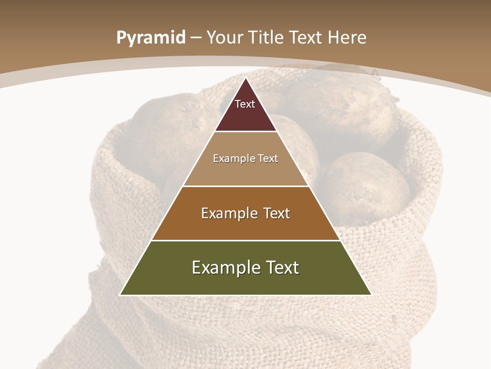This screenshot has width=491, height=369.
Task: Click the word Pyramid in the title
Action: (150, 38)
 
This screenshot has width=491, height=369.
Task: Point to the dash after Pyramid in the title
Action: (195, 38)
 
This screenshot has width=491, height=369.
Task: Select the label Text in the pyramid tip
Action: (244, 104)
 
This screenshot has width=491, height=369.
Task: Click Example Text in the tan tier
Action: (245, 158)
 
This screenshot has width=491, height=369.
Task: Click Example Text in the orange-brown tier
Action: (245, 213)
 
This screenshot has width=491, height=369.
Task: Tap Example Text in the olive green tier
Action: (245, 268)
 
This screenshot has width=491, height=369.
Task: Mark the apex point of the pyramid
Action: (245, 78)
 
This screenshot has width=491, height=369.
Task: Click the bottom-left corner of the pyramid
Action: (121, 295)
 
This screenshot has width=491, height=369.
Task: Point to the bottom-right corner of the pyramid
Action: (370, 295)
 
